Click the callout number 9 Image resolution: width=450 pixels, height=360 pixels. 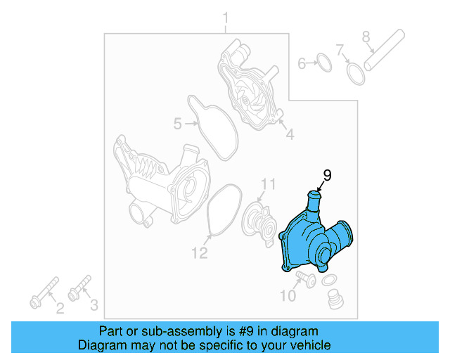[x=326, y=175]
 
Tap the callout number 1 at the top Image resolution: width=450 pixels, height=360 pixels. [x=226, y=17]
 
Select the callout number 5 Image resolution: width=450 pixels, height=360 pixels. [x=178, y=124]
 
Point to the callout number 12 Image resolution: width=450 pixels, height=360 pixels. [x=200, y=252]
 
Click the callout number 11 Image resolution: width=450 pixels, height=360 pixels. [x=268, y=185]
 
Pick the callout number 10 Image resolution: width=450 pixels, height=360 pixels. [x=288, y=295]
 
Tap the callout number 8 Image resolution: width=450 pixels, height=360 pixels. [x=366, y=36]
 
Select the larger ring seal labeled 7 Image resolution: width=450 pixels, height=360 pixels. [x=356, y=72]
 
